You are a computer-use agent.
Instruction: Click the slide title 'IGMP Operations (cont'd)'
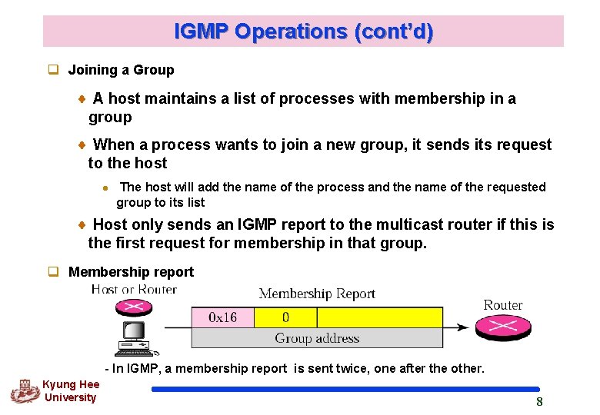pyautogui.click(x=303, y=32)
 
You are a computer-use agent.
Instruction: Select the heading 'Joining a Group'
pyautogui.click(x=121, y=70)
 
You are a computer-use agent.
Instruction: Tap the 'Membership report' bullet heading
pyautogui.click(x=131, y=272)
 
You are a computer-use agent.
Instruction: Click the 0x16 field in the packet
pyautogui.click(x=222, y=317)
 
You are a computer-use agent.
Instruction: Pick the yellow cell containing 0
pyautogui.click(x=285, y=317)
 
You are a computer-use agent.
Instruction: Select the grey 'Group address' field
pyautogui.click(x=317, y=338)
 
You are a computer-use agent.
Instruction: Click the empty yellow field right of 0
pyautogui.click(x=379, y=317)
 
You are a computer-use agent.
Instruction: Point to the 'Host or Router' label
pyautogui.click(x=134, y=290)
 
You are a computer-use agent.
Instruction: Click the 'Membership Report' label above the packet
pyautogui.click(x=317, y=294)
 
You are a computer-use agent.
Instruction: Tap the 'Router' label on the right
pyautogui.click(x=503, y=305)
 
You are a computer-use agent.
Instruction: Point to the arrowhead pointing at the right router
pyautogui.click(x=463, y=327)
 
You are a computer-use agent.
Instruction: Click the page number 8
pyautogui.click(x=539, y=402)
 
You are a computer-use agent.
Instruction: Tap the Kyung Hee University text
pyautogui.click(x=70, y=391)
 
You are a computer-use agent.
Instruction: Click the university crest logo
pyautogui.click(x=24, y=391)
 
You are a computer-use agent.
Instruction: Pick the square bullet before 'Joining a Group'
pyautogui.click(x=54, y=70)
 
